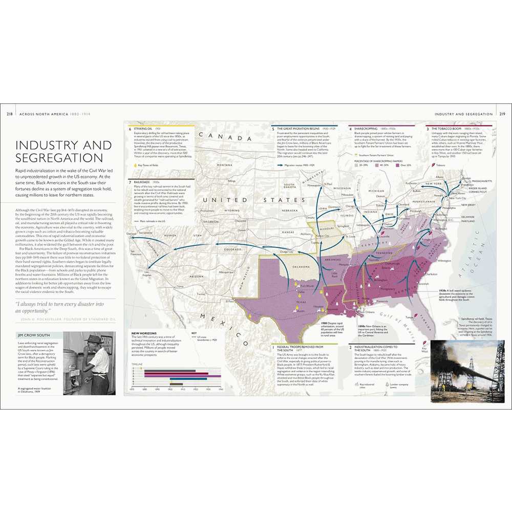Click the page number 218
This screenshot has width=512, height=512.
coord(9,114)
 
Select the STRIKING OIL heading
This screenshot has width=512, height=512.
coord(143,129)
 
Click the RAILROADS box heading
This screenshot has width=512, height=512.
coord(141,182)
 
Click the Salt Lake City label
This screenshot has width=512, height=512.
coord(211,221)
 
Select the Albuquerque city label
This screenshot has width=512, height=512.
coord(227,272)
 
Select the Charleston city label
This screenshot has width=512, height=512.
coord(431,274)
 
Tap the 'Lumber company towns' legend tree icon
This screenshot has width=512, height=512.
coord(387,383)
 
